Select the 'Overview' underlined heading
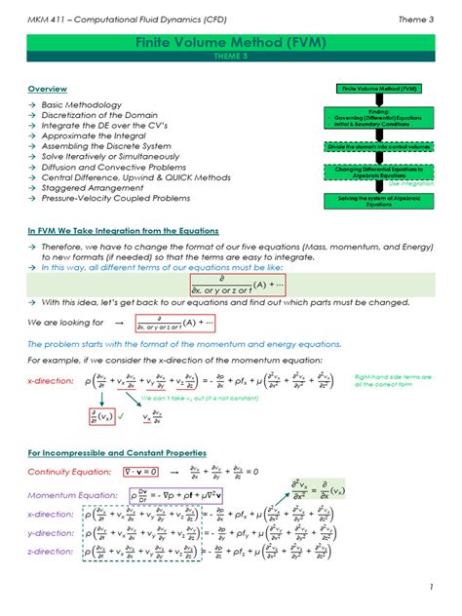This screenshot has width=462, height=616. (x=48, y=90)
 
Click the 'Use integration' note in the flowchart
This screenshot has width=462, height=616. (x=410, y=183)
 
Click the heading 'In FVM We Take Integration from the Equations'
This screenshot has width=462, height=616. (x=123, y=231)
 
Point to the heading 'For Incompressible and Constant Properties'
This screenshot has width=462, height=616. (x=116, y=453)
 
